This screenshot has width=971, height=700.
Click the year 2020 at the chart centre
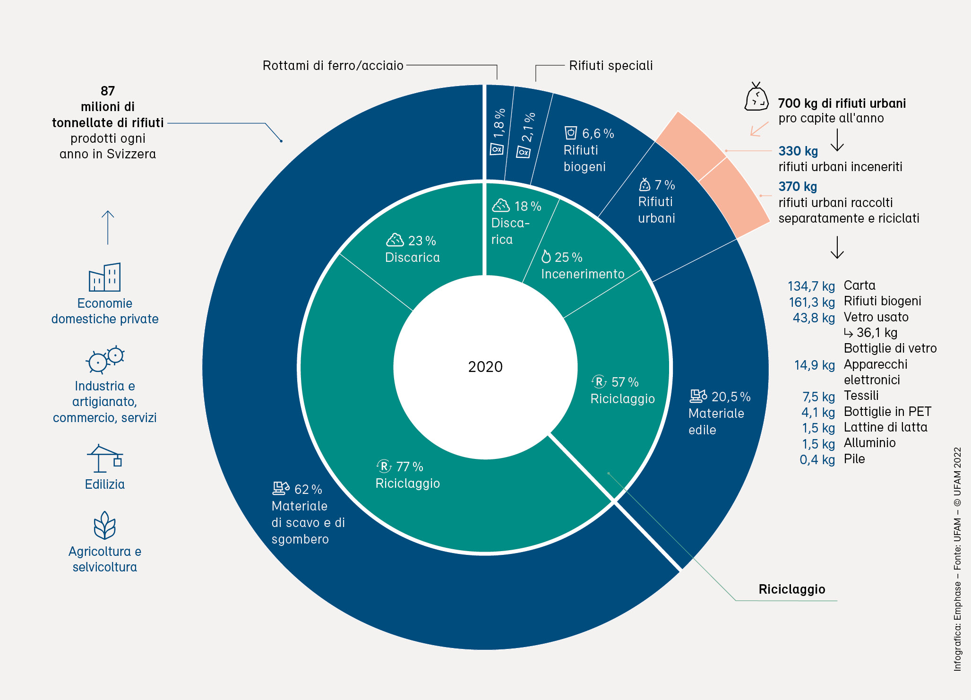click(485, 367)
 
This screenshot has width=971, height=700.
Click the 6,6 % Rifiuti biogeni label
click(588, 150)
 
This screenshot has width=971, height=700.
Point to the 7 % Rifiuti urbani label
click(657, 202)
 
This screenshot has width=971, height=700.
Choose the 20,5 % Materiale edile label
click(718, 413)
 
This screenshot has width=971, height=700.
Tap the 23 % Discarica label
click(412, 249)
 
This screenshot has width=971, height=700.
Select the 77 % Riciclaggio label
click(407, 475)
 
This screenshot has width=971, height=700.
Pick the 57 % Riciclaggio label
click(622, 390)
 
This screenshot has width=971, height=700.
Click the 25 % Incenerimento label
click(583, 266)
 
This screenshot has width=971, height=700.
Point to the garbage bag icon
click(756, 97)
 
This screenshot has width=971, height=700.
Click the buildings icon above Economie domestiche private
click(105, 277)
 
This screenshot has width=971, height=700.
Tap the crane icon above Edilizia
click(105, 458)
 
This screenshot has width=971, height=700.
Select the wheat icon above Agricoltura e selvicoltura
click(104, 525)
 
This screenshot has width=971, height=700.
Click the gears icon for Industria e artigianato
click(105, 360)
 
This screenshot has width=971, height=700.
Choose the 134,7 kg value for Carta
click(811, 286)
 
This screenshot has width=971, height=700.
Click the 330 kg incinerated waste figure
click(798, 151)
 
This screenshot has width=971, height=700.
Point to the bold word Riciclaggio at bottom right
click(791, 589)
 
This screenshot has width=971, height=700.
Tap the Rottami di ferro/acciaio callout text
click(333, 65)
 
